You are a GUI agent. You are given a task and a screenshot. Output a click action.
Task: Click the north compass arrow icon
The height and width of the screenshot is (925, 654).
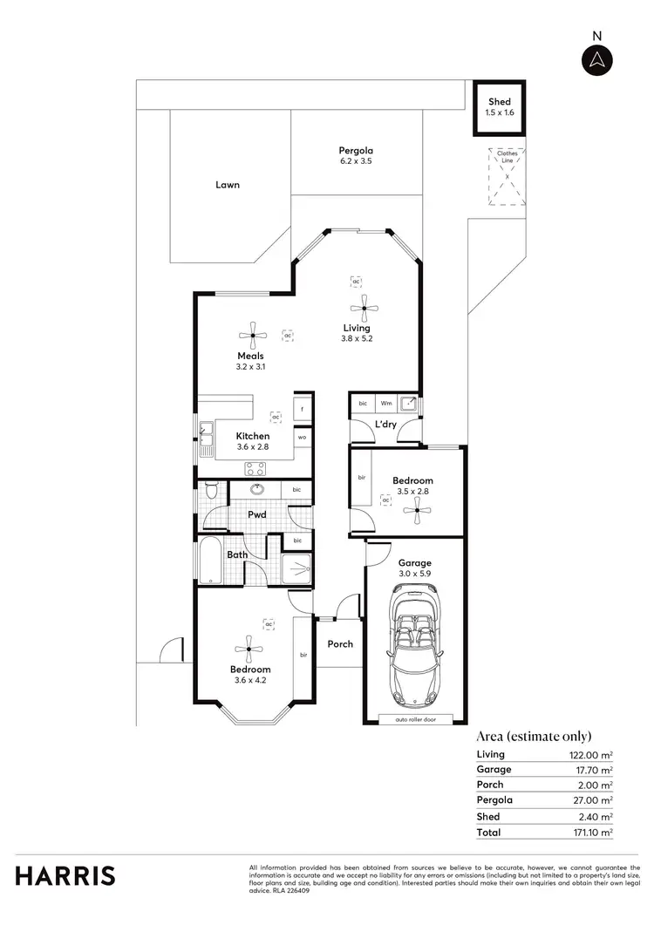tap(597, 59)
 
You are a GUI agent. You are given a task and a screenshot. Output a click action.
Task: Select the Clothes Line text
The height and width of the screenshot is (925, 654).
tap(508, 156)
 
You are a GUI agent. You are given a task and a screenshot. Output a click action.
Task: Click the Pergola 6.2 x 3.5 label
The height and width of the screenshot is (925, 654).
tap(356, 156)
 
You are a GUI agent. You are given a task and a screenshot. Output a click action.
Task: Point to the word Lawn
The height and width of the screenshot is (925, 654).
tap(228, 185)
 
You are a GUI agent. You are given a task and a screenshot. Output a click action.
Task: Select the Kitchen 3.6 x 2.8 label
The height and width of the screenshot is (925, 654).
tap(253, 441)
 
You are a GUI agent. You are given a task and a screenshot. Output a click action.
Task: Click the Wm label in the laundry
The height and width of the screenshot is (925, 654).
tap(385, 404)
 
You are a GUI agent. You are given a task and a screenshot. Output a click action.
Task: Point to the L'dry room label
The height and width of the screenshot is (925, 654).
tap(385, 425)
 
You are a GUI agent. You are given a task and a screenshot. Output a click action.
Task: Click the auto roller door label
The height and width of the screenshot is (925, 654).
tap(415, 719)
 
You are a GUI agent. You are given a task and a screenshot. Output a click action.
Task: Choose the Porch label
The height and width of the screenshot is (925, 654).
tap(340, 644)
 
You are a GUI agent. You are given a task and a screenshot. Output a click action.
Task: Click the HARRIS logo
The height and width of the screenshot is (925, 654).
tap(65, 875)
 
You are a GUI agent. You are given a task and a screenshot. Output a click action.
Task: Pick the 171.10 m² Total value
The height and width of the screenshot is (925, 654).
tap(589, 833)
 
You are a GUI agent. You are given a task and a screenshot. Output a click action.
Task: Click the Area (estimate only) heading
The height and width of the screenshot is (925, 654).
tap(534, 735)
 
